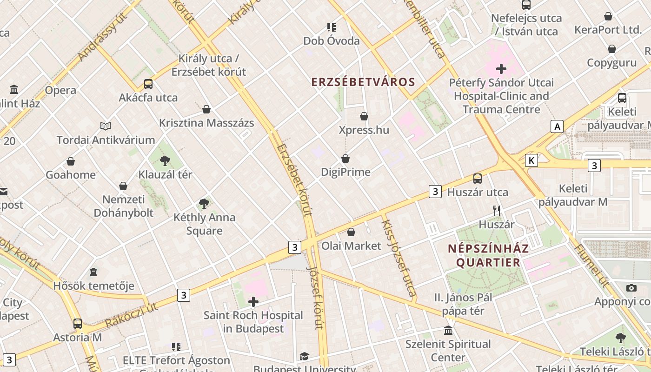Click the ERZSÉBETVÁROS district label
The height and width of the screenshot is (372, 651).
point(363,82)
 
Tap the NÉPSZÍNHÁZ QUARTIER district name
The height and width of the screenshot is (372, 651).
point(488,255)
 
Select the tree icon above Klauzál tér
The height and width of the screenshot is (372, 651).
point(165,161)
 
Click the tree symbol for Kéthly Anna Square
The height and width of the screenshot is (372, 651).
point(204,203)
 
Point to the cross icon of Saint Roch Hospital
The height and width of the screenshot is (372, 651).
point(253,302)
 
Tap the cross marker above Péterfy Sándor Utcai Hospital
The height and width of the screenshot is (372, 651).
point(501,69)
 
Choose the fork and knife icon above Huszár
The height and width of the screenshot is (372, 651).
point(497,211)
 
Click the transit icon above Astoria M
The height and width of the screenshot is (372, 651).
point(78,323)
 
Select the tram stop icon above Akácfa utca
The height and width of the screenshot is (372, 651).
point(148,84)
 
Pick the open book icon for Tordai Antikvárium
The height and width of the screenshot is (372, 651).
point(106,126)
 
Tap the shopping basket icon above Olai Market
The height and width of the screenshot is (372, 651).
point(351,232)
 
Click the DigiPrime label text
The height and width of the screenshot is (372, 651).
point(345,172)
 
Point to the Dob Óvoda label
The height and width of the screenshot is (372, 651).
point(331,41)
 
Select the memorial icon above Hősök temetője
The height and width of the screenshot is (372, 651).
point(93,272)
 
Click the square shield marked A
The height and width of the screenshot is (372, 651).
point(557,126)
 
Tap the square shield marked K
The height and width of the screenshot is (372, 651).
point(531,160)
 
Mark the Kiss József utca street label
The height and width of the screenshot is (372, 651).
point(398,258)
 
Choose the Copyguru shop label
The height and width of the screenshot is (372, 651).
point(611,63)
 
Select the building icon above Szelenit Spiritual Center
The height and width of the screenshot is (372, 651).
point(448,330)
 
